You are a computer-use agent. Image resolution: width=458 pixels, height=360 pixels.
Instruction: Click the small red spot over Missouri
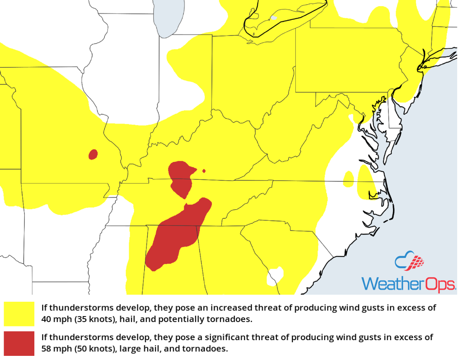pyautogui.click(x=93, y=154)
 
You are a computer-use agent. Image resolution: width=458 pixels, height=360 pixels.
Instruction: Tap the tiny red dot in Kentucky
pyautogui.click(x=204, y=171)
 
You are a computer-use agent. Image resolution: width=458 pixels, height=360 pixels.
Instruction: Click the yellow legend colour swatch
pyautogui.click(x=19, y=314)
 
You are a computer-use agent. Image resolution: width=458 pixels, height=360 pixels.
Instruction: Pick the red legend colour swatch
pyautogui.click(x=19, y=343)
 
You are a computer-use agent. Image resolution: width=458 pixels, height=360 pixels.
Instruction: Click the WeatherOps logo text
pyautogui.click(x=408, y=284)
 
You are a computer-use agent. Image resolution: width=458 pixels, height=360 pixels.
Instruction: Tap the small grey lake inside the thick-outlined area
pyautogui.click(x=273, y=18)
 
